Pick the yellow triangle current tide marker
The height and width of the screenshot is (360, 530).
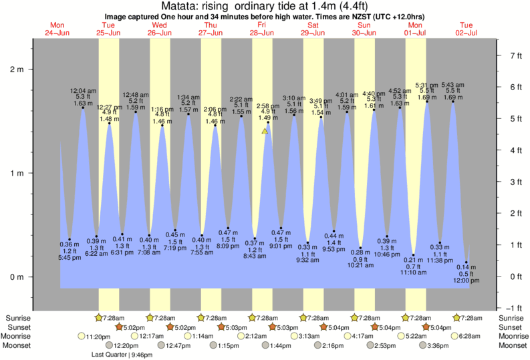click(x=265, y=132)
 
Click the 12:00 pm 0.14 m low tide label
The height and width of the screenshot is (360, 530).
click(x=467, y=281)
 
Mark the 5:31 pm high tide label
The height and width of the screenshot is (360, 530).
click(x=427, y=91)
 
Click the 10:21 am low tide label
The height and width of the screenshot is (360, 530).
click(x=360, y=265)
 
